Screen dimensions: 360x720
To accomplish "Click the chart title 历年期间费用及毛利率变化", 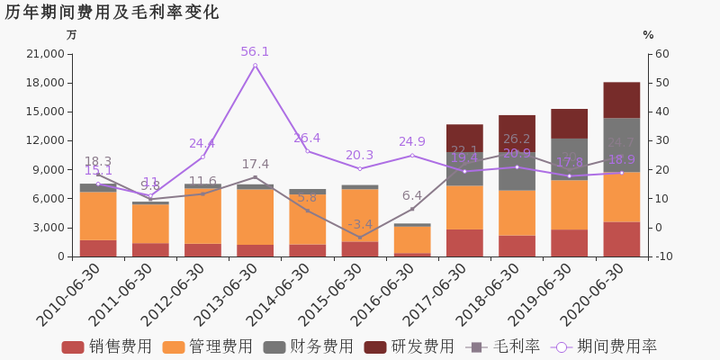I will point(112,13).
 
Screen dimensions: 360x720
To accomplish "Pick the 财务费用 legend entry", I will point(308,346).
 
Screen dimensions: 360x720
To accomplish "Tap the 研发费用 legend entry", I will point(409,346).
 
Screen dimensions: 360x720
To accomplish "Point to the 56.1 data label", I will point(255,52).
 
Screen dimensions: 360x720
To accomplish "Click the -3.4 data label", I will point(359,224).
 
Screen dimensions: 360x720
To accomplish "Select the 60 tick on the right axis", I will point(661,54).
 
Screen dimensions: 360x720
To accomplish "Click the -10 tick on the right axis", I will point(663,256).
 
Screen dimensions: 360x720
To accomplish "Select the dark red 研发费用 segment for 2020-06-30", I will point(621,100).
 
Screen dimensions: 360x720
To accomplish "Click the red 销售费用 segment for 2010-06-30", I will point(98,248).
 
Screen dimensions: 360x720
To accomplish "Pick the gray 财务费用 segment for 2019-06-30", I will point(569,158).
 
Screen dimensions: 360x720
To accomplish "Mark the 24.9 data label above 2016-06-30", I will point(412,142).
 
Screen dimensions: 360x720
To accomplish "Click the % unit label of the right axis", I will point(648,35).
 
